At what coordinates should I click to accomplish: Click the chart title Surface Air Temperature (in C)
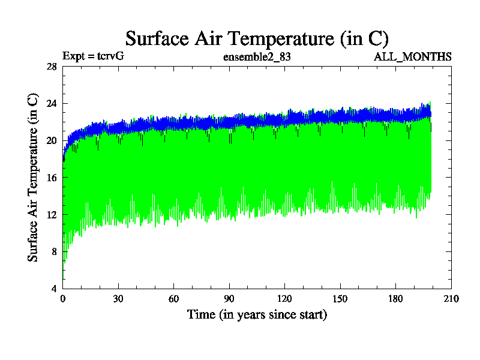click(x=257, y=38)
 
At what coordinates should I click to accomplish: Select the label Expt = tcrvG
click(x=93, y=57)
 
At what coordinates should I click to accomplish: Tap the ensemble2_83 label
click(x=257, y=58)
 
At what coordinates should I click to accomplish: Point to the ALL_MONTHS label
click(x=413, y=57)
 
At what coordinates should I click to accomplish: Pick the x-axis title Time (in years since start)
click(x=257, y=314)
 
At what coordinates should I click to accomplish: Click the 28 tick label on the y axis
click(x=52, y=67)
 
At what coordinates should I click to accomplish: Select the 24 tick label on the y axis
click(x=52, y=104)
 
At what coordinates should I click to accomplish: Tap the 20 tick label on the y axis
click(x=52, y=140)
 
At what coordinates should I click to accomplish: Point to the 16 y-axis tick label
click(x=52, y=178)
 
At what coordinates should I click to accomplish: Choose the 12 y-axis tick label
click(x=52, y=215)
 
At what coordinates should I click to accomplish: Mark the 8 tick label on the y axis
click(x=54, y=251)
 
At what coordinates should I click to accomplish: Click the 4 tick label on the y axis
click(x=54, y=289)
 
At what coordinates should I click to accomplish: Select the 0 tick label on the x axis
click(x=63, y=299)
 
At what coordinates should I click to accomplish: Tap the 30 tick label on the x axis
click(x=118, y=299)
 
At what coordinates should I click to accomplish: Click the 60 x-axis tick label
click(x=173, y=299)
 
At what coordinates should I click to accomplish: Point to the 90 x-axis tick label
click(x=229, y=299)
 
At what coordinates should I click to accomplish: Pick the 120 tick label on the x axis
click(x=284, y=299)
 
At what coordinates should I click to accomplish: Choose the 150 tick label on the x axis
click(x=340, y=299)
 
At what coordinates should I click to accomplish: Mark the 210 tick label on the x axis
click(x=451, y=299)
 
